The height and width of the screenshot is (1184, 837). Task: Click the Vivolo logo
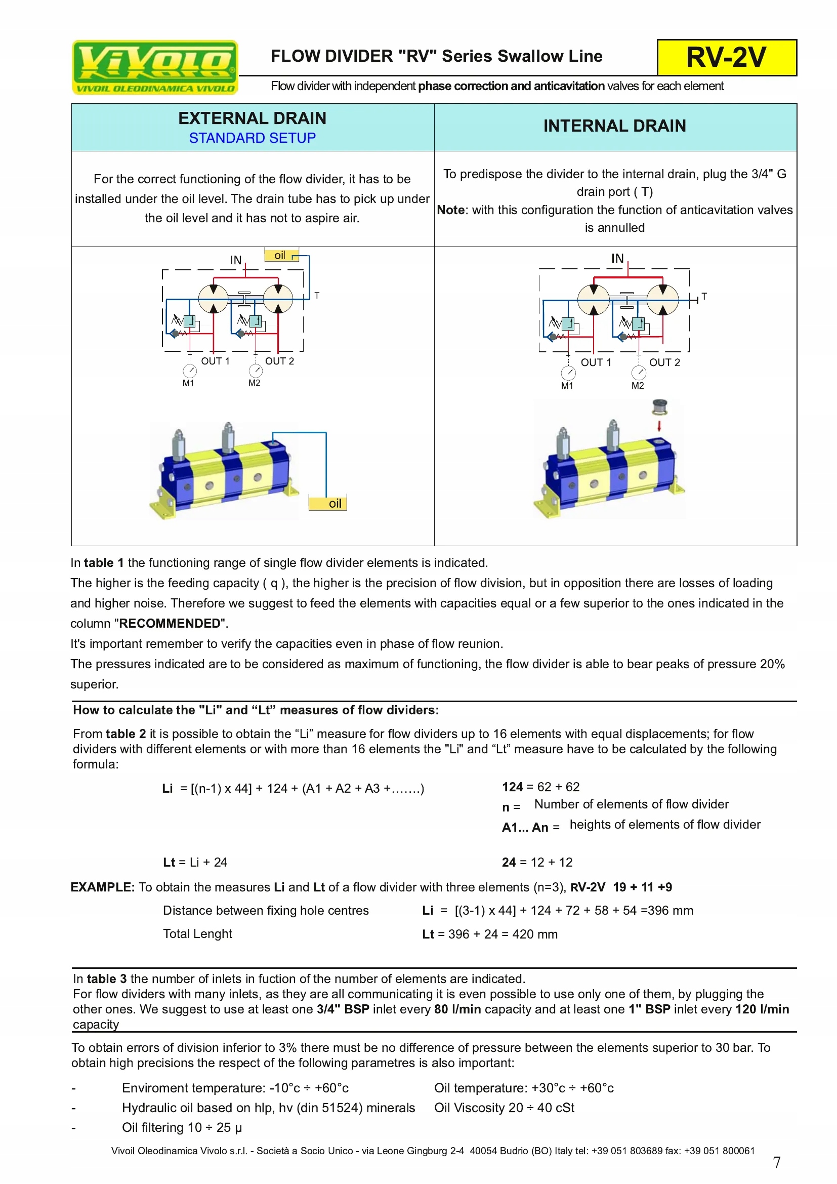tap(155, 67)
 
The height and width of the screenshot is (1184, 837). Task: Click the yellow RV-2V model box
tap(726, 57)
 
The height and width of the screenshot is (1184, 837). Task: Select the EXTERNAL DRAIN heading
tap(252, 118)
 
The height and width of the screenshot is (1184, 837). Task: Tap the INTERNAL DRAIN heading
tap(614, 126)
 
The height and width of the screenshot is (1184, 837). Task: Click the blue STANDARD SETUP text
tap(252, 138)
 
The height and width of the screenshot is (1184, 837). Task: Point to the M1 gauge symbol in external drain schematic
tap(190, 371)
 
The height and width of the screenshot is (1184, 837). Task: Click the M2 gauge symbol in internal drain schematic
tap(639, 373)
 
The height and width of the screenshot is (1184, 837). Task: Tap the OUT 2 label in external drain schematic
tap(279, 361)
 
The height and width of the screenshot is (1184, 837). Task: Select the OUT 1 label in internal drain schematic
tap(596, 362)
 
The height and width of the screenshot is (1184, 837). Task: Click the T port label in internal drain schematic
tap(704, 297)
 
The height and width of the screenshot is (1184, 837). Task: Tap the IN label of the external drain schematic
tap(235, 260)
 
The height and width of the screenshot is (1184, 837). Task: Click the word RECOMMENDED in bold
tap(170, 624)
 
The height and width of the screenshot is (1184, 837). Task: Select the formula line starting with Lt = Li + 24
tap(195, 862)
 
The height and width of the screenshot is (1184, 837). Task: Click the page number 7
tap(777, 1162)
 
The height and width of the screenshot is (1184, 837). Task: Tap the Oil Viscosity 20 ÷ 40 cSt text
tap(504, 1108)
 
